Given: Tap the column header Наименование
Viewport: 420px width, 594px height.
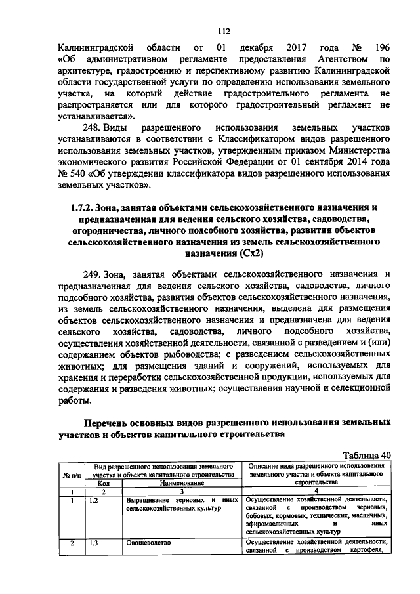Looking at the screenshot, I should coord(182,482).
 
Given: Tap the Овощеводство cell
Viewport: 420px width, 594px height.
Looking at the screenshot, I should coord(149,543).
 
